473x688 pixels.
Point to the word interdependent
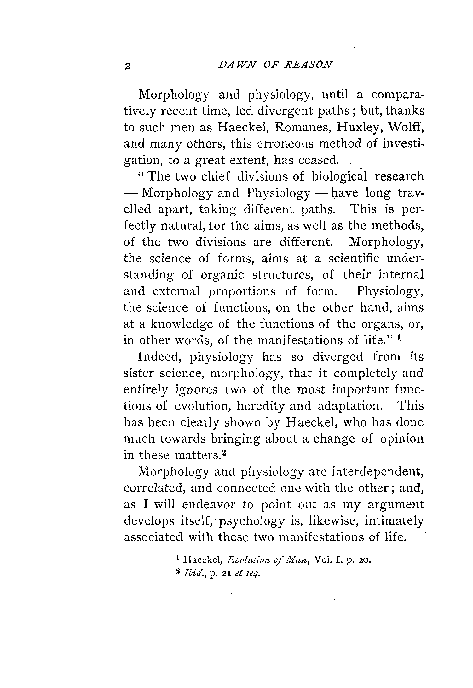[x=378, y=472]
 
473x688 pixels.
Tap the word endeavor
[x=209, y=504]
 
